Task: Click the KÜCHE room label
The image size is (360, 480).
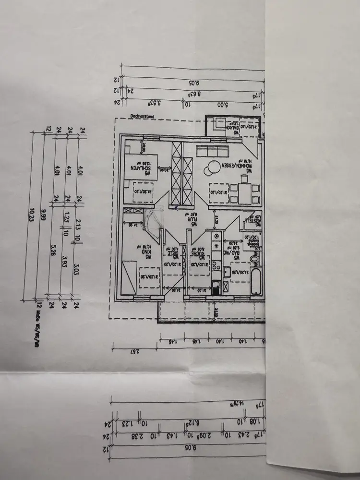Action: (x=197, y=251)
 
